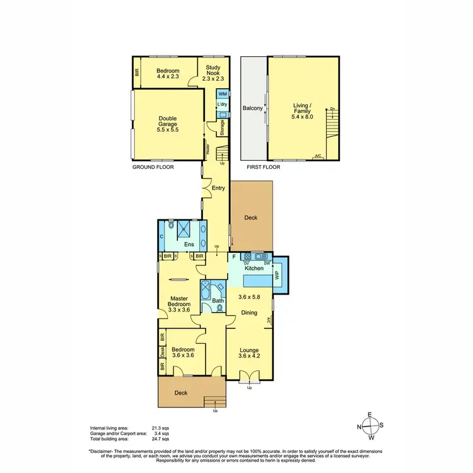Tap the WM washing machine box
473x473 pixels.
click(222, 93)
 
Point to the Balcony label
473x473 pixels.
click(253, 108)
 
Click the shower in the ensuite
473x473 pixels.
click(187, 227)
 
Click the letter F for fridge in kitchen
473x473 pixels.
click(233, 257)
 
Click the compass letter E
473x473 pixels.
click(370, 415)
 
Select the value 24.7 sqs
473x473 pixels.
click(161, 438)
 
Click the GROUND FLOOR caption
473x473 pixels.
click(153, 168)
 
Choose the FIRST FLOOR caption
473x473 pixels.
click(261, 168)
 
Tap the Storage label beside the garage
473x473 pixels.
click(222, 127)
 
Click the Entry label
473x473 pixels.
click(218, 188)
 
